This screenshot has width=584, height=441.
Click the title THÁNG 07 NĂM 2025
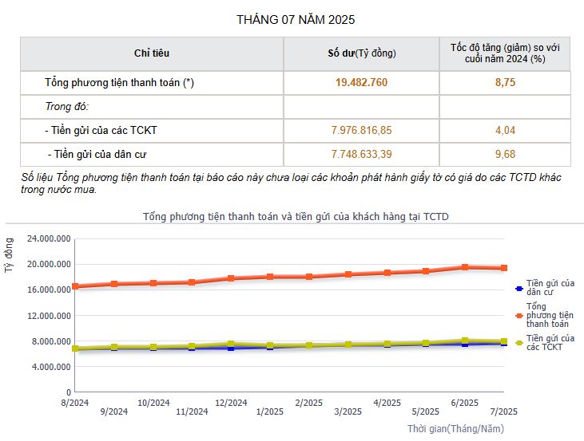[296, 19]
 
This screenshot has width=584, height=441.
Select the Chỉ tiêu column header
[151, 53]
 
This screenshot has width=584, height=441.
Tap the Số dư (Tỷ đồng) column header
[361, 53]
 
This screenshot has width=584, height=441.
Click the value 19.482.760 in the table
[361, 82]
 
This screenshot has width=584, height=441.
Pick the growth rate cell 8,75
[505, 82]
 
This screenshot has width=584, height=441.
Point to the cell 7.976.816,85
[361, 130]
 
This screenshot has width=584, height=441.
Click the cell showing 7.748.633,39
[361, 154]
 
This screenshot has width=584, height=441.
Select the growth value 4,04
[505, 130]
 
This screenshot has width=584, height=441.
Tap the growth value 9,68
[505, 154]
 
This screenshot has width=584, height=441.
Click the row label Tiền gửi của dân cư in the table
[99, 154]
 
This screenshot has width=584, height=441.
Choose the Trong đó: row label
[66, 106]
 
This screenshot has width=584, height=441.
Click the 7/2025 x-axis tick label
[503, 411]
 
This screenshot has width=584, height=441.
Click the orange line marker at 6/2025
[465, 267]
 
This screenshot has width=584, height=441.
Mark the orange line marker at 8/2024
[75, 286]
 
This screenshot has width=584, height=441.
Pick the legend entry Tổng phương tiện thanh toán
[550, 315]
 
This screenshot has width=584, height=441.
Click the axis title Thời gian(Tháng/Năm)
[456, 429]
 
